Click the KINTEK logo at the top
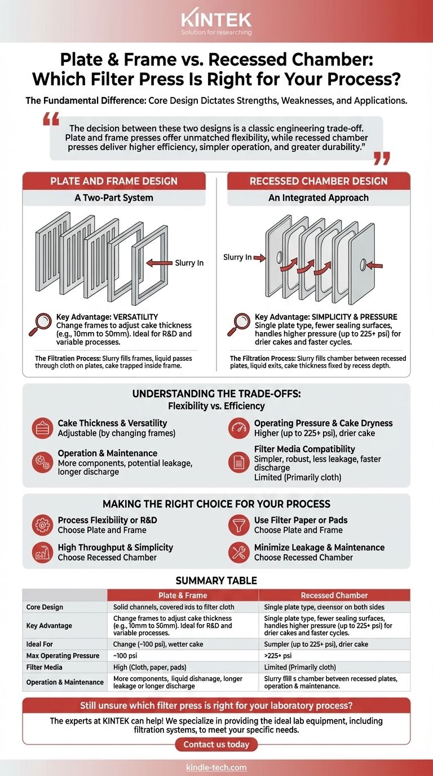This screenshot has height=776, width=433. click(216, 21)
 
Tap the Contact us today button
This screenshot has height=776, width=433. click(216, 744)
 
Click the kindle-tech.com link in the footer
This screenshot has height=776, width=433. click(216, 768)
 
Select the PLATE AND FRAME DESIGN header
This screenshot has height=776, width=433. click(114, 181)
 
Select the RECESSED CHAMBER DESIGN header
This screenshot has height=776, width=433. click(319, 181)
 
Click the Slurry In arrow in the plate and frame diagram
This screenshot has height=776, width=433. click(159, 263)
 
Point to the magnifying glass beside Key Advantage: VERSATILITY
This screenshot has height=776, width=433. click(40, 324)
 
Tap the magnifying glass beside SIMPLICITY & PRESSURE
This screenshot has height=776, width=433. click(238, 324)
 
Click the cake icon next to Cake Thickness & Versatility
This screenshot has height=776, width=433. click(42, 428)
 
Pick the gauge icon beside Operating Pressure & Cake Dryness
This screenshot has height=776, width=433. click(239, 428)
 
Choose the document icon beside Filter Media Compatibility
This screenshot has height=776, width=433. click(239, 462)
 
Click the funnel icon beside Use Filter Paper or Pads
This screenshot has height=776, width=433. click(239, 525)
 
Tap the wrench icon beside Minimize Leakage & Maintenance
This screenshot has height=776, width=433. click(239, 552)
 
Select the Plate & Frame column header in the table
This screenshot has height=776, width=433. click(183, 595)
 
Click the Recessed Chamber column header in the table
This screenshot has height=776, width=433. click(334, 595)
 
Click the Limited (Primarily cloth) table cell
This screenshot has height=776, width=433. click(300, 667)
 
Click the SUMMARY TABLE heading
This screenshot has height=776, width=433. click(216, 580)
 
